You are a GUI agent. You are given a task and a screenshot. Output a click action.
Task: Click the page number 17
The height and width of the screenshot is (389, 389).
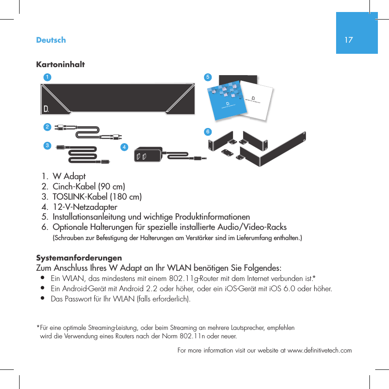[x=349, y=40]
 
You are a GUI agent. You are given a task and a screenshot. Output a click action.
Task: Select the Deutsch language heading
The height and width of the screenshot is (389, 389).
[x=51, y=40]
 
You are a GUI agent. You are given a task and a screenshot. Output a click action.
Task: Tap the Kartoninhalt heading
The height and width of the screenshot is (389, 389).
[x=60, y=64]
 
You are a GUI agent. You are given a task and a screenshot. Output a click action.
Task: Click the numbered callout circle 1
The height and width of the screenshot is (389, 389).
[x=47, y=76]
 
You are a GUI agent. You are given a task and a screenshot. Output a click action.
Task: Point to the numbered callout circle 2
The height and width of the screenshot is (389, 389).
[x=47, y=127]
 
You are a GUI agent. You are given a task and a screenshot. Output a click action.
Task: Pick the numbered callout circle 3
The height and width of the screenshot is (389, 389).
[x=47, y=145]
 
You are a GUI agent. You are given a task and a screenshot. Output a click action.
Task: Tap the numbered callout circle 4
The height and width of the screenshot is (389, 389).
[x=125, y=147]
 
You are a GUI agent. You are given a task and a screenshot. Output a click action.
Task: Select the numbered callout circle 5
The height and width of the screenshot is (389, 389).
[x=207, y=76]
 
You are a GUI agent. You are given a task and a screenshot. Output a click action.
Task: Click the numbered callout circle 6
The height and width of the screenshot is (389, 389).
[x=207, y=132]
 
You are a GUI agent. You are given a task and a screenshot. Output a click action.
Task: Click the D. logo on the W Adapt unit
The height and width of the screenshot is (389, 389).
[x=46, y=109]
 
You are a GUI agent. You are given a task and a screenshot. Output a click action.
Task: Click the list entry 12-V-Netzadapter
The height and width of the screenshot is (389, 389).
[x=85, y=207]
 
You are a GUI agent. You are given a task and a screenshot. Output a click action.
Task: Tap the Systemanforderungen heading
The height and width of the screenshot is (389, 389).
[x=79, y=258]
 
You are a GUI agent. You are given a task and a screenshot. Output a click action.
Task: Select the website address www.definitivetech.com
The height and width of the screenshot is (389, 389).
[x=320, y=350]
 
